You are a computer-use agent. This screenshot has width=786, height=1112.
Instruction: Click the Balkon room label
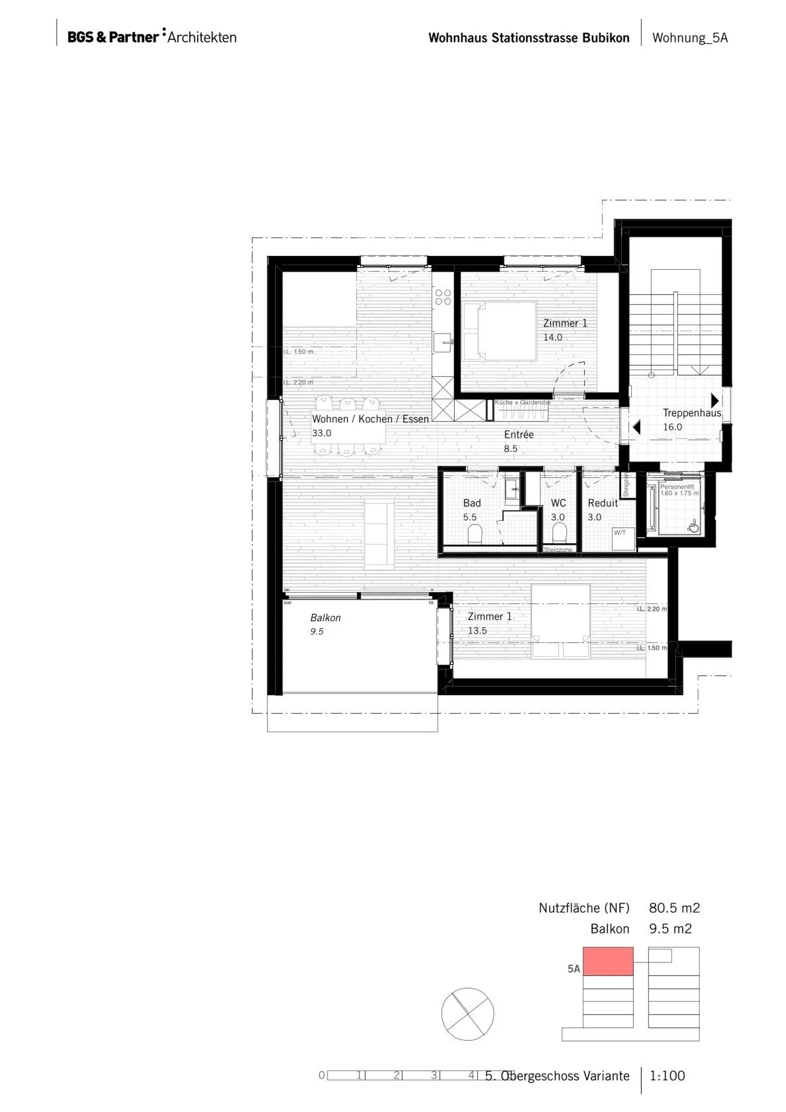click(x=325, y=617)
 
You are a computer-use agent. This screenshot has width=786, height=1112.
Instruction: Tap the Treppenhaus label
click(x=692, y=413)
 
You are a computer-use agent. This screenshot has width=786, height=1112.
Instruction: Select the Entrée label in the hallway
click(x=519, y=435)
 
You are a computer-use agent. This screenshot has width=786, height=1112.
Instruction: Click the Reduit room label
click(x=603, y=503)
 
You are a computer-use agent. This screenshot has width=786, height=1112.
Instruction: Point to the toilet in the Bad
click(x=475, y=534)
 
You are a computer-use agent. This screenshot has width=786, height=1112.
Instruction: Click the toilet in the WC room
click(x=559, y=533)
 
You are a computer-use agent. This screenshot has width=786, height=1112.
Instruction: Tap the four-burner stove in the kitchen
click(x=443, y=297)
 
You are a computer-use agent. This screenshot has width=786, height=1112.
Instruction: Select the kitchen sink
click(x=443, y=343)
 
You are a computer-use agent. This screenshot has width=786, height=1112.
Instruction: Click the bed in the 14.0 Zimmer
click(x=499, y=331)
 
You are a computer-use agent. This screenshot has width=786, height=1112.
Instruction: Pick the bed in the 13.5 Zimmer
click(x=561, y=621)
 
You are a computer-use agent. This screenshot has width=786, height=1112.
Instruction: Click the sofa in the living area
click(x=379, y=534)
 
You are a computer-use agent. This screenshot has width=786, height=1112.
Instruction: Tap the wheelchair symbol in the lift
click(x=693, y=527)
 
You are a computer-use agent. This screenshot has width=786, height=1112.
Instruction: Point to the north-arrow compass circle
click(x=467, y=1014)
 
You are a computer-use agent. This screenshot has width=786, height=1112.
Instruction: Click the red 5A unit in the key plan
click(x=608, y=961)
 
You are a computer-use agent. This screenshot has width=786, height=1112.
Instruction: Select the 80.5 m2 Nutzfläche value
click(x=674, y=908)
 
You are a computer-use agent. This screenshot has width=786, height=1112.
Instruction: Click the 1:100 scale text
click(x=667, y=1075)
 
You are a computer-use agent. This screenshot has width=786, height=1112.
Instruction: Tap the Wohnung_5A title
click(x=690, y=38)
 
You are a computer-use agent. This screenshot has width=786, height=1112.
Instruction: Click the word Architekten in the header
click(x=202, y=38)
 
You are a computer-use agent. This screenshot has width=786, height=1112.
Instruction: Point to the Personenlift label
click(x=677, y=486)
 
